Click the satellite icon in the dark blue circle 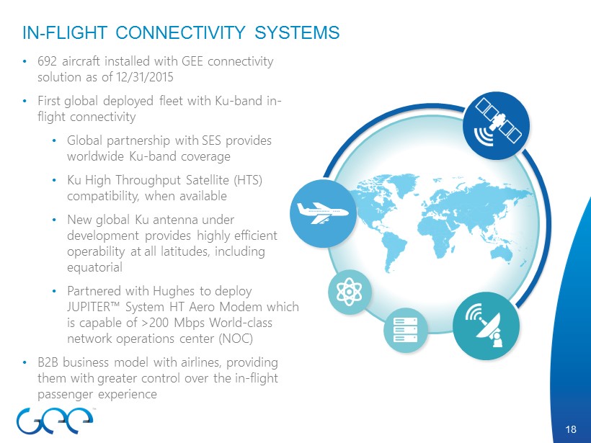pos(498,122)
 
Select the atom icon pos(349,292)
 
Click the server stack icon pos(405,330)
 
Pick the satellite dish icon pos(486,325)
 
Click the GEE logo pos(55,420)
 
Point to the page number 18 pos(571,429)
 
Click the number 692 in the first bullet pos(47,61)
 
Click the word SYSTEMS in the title pos(297,32)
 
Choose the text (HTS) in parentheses pos(248,180)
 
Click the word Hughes pos(174,291)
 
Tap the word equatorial pos(94,267)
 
